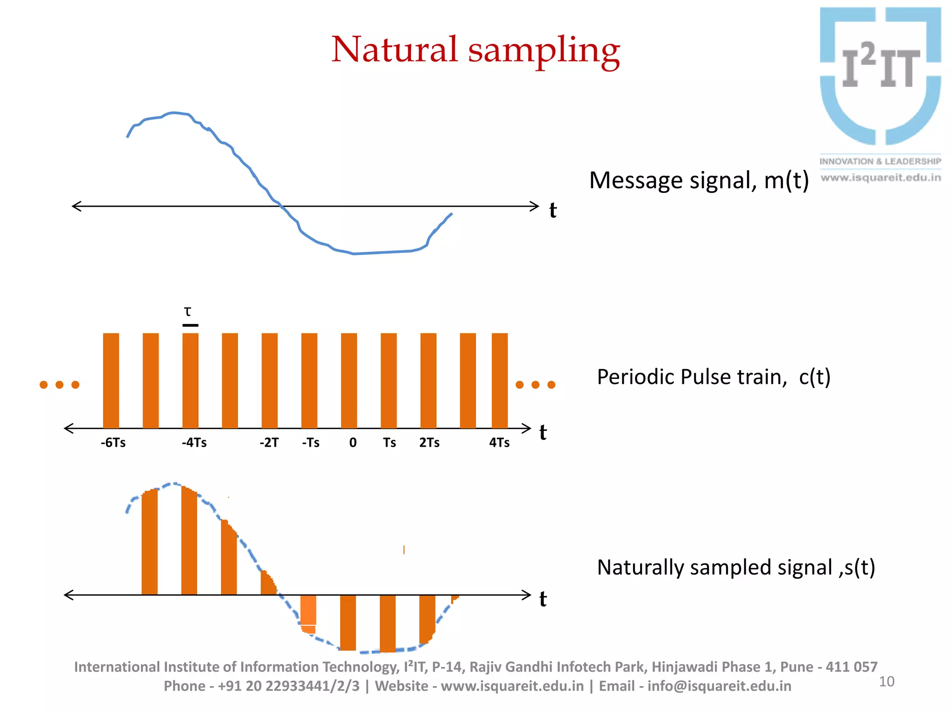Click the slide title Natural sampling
[x=475, y=50]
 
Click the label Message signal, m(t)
[x=699, y=180]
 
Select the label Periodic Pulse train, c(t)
[x=713, y=377]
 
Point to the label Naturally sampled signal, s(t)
[x=735, y=567]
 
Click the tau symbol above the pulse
[x=188, y=311]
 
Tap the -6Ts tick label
[x=113, y=443]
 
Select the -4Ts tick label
[x=194, y=443]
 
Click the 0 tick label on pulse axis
[x=353, y=443]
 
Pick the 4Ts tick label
[x=499, y=443]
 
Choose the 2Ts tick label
[x=429, y=443]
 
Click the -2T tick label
[x=269, y=443]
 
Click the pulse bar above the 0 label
[x=349, y=380]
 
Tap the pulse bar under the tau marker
[x=190, y=380]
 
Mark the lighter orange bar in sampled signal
[x=308, y=610]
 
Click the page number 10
[x=886, y=681]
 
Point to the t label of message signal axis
[x=553, y=210]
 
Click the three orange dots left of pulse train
[x=59, y=384]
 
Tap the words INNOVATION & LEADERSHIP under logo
[x=880, y=161]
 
